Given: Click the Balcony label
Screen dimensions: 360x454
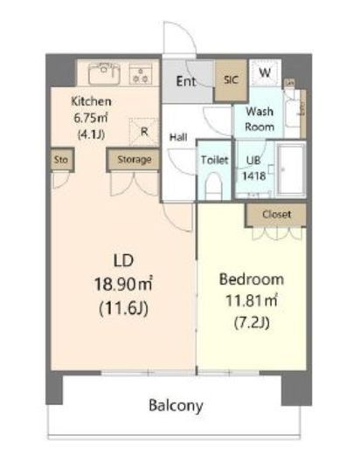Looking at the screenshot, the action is [176, 406].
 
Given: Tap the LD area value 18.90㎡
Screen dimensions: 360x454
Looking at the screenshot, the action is [123, 284].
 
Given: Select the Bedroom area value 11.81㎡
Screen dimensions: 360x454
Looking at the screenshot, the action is [252, 300].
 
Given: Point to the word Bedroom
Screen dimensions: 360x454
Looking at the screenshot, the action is [252, 279].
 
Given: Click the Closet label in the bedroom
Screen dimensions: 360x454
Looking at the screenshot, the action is [276, 215].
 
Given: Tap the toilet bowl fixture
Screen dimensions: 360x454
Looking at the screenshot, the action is [213, 186].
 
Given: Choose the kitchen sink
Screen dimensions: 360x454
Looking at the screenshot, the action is [104, 72].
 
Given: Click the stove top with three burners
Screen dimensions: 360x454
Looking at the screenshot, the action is [141, 74].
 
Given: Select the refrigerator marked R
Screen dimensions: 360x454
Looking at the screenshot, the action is [144, 132].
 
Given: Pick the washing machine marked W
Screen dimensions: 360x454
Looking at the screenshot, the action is [265, 72].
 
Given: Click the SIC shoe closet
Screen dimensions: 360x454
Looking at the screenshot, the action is [231, 80].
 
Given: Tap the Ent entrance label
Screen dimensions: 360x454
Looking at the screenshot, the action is [186, 81].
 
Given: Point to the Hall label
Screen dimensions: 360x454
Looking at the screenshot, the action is [178, 137].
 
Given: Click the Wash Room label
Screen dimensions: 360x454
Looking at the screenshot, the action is [260, 119].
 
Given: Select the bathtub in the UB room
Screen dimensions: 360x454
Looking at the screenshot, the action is [290, 169].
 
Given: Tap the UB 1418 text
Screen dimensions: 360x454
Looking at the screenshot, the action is [253, 169].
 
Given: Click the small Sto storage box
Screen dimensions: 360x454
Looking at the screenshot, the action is [61, 160].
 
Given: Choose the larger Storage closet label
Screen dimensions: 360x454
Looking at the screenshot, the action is [135, 160].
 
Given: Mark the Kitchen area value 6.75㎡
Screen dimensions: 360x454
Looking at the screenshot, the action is [91, 118].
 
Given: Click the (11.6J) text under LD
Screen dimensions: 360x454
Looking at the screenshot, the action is [123, 308].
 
